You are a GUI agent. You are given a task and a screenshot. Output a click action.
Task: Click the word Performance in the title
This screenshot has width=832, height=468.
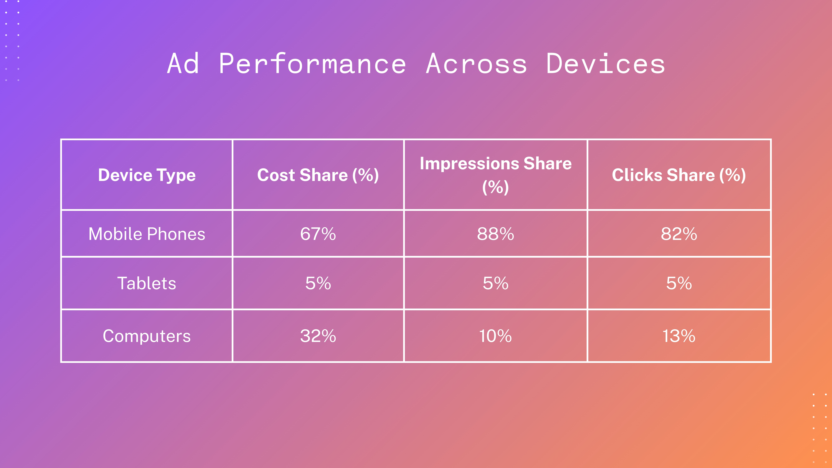(312, 64)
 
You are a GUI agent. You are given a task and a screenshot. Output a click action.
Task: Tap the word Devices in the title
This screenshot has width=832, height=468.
(606, 64)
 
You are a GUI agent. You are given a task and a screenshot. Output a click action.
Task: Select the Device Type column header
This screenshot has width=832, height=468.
(147, 175)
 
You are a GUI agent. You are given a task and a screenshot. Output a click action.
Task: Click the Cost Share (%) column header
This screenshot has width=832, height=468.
(318, 175)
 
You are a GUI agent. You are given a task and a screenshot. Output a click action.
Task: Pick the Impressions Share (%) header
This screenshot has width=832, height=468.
(495, 175)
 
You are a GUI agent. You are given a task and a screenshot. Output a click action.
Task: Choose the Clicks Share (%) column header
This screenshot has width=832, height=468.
(679, 175)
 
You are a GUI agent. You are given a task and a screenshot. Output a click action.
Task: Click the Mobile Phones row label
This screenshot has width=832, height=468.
(147, 234)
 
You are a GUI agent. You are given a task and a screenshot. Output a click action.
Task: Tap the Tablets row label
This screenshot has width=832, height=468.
(147, 283)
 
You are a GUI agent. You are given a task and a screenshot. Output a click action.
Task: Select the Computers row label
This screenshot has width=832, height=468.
(147, 336)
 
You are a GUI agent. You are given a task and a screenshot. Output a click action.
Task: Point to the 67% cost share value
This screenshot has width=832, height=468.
(318, 234)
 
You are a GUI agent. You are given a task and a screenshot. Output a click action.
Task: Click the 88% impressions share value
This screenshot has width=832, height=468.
(495, 234)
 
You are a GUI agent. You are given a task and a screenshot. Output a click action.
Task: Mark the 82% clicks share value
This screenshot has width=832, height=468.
(679, 234)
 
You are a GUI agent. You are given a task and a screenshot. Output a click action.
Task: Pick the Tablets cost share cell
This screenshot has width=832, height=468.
(318, 283)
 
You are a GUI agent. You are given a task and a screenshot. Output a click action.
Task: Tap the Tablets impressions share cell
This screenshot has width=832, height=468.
(495, 283)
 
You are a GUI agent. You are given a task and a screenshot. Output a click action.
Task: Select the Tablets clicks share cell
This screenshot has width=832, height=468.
(679, 283)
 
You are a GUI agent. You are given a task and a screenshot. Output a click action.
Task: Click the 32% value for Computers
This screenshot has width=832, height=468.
(318, 336)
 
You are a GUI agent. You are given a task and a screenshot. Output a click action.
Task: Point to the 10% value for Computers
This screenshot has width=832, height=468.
(495, 336)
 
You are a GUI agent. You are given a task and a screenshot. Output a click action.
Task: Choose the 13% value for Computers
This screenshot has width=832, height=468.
(679, 336)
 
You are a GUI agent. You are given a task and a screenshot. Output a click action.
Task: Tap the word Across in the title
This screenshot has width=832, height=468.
(476, 64)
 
